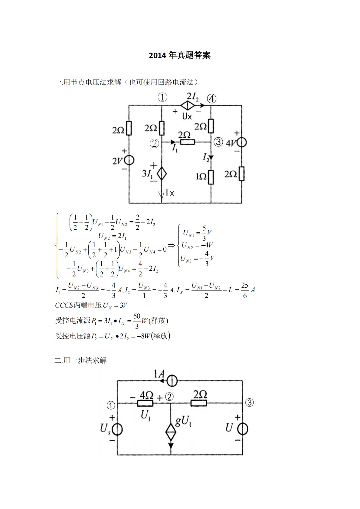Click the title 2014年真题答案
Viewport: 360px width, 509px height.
pos(180,55)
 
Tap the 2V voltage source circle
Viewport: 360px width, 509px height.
pos(129,160)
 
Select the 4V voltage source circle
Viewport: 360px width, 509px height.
pos(242,142)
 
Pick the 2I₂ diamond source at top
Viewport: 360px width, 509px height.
pos(188,105)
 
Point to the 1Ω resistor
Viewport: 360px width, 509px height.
pos(211,177)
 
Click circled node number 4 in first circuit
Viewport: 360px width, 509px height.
pos(212,99)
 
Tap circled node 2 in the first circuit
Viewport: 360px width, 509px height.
pos(154,143)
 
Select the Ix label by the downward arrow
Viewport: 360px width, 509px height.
pos(170,193)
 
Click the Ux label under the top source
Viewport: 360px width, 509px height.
pos(187,116)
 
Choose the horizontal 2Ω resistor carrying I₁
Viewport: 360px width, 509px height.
pos(188,142)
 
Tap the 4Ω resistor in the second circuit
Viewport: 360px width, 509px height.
pos(145,403)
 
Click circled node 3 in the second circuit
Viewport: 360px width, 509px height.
pos(249,403)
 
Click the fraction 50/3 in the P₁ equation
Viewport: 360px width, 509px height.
pos(137,321)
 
